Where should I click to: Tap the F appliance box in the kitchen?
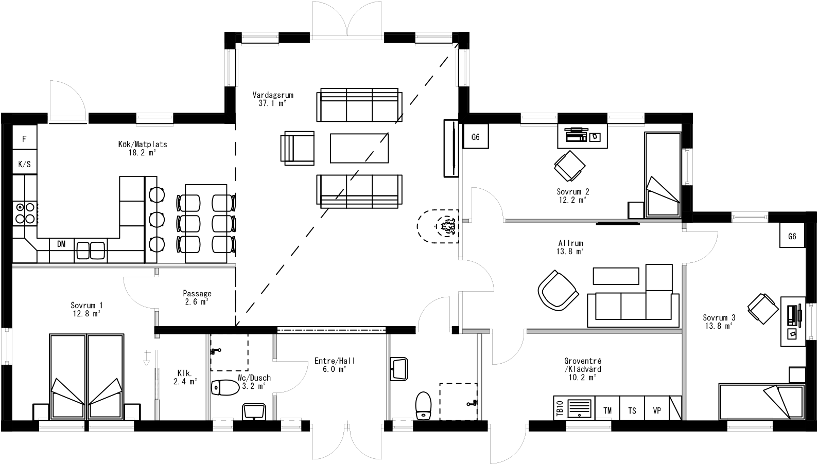point(24,139)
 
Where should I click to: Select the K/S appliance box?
point(24,165)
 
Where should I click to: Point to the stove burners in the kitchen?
point(25,213)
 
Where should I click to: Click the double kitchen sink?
point(91,251)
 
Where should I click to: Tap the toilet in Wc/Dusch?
point(224,387)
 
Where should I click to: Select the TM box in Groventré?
point(607,410)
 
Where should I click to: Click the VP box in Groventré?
point(657,410)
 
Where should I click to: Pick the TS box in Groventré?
point(632,410)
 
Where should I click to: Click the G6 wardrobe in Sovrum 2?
point(476,137)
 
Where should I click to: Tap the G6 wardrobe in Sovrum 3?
point(792,236)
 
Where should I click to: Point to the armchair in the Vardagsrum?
point(298,148)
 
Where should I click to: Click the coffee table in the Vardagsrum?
point(359,148)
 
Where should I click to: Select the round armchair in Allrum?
point(558,290)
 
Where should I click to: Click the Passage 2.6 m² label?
point(197,298)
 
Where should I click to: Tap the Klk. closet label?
point(185,377)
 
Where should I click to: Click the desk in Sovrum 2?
point(582,136)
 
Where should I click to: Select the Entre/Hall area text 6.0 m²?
point(335,369)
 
